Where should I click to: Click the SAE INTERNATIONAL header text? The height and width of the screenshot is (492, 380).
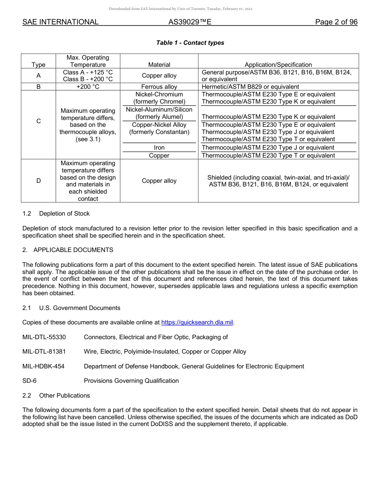(x=60, y=22)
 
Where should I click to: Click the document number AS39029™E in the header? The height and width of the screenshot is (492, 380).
(x=190, y=22)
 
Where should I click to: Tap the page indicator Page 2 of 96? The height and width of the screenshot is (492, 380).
(x=336, y=22)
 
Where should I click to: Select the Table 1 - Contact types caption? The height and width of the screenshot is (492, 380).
(x=190, y=43)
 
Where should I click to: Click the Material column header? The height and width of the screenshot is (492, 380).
(x=159, y=64)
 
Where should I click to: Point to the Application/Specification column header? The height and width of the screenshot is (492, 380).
(x=278, y=64)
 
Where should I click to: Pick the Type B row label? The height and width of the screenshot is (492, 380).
(x=38, y=86)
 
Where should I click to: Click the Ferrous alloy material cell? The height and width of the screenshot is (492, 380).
(x=159, y=86)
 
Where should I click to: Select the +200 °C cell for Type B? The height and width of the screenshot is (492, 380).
(x=88, y=86)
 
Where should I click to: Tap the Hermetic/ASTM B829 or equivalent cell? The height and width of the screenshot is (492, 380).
(x=250, y=86)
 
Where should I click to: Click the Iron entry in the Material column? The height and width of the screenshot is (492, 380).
(x=159, y=148)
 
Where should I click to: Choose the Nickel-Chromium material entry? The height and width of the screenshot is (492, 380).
(x=159, y=94)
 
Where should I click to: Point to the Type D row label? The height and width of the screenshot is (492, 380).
(x=38, y=181)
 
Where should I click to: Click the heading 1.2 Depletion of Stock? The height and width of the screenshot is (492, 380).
(x=56, y=213)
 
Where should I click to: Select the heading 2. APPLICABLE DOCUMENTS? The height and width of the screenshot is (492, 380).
(x=68, y=250)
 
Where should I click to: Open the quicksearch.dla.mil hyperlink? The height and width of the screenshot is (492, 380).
(x=197, y=322)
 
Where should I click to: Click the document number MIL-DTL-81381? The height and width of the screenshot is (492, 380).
(x=44, y=352)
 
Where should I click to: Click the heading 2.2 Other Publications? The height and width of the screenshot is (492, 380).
(x=56, y=395)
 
